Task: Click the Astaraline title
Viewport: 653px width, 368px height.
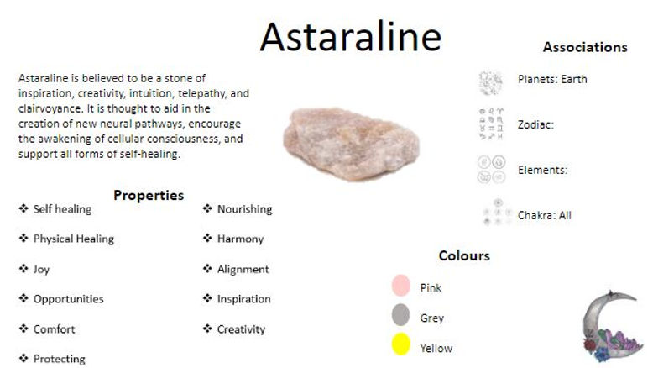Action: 350,37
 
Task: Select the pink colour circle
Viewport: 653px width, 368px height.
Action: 401,286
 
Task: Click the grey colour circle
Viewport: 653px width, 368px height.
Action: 401,316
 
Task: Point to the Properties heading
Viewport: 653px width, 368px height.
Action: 149,195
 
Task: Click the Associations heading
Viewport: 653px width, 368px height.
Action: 584,47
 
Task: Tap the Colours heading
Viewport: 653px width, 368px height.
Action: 463,255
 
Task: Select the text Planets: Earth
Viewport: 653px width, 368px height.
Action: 552,79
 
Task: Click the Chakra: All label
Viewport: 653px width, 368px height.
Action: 544,215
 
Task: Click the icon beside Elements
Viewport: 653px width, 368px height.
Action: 490,169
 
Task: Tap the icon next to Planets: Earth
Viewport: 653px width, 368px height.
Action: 490,81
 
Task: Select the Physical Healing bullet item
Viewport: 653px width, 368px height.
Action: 73,239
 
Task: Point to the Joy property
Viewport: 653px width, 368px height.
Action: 42,269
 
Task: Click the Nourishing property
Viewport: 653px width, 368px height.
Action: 244,209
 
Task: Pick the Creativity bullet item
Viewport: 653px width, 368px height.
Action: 241,329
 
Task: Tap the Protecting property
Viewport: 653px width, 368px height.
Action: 59,359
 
